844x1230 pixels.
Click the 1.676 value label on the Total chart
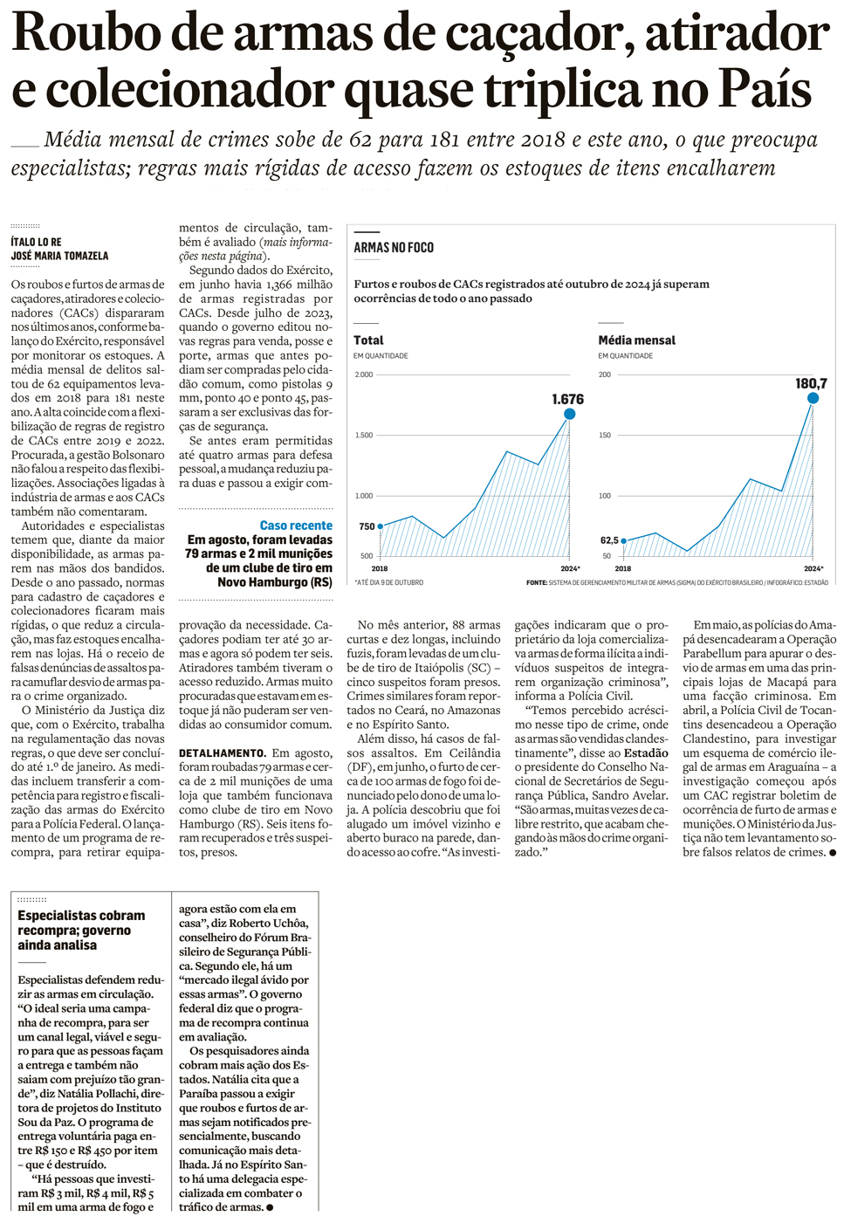[567, 399]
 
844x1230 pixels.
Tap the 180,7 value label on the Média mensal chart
[811, 383]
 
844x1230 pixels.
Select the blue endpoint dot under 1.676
[569, 414]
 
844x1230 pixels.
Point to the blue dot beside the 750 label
[381, 526]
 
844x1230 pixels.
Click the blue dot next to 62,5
[623, 541]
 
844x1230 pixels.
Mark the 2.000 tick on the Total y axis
[363, 374]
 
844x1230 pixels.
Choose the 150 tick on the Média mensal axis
[604, 435]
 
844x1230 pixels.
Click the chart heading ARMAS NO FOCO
[394, 248]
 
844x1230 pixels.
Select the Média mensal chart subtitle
[636, 340]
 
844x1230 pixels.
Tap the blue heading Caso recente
[296, 526]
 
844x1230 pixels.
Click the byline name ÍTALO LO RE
[36, 242]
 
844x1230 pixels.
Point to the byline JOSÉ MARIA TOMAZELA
[59, 256]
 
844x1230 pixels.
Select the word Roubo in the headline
[86, 33]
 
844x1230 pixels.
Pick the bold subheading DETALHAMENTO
[222, 752]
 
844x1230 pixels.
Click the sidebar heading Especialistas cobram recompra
[81, 916]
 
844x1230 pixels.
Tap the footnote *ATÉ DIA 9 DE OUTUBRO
[388, 582]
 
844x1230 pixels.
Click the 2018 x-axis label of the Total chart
[380, 568]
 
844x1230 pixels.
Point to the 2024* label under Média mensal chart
[813, 568]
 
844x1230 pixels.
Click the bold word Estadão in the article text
[646, 752]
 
